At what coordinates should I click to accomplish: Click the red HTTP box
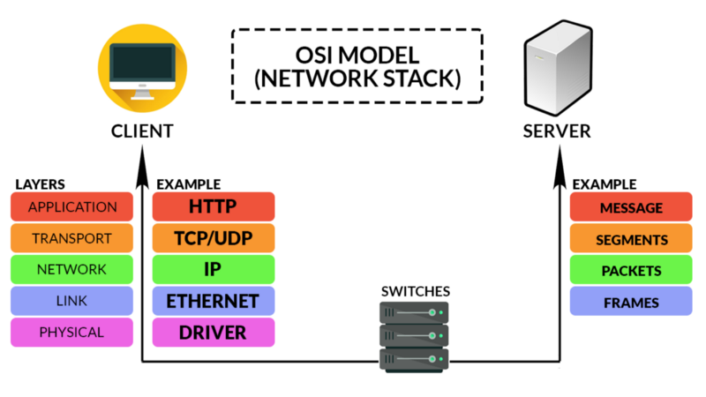click(x=214, y=207)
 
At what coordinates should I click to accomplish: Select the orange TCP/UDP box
click(x=214, y=238)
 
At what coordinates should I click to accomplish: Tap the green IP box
click(x=214, y=270)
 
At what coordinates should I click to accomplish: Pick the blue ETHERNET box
click(x=214, y=302)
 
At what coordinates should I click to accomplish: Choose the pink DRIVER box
click(x=214, y=333)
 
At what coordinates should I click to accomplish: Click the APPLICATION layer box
click(x=72, y=207)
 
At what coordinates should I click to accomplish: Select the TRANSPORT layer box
click(x=72, y=238)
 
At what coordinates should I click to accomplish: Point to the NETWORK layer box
click(x=72, y=270)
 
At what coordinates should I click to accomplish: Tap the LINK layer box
click(x=72, y=302)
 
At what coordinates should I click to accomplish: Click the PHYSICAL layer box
click(x=72, y=333)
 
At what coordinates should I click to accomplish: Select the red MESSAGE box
click(x=631, y=207)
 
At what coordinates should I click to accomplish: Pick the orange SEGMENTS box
click(x=631, y=239)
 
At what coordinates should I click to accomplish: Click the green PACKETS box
click(x=631, y=270)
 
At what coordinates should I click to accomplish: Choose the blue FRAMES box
click(x=631, y=302)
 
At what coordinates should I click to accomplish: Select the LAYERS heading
click(x=40, y=184)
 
